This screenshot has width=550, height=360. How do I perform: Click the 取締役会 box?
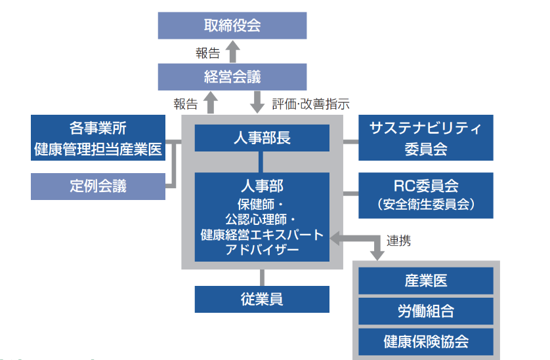[x=232, y=26]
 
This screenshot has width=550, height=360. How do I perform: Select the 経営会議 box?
[x=232, y=77]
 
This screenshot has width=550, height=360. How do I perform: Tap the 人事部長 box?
[x=262, y=138]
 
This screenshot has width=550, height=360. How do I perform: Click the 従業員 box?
[x=262, y=299]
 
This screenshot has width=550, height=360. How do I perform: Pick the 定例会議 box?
[x=98, y=186]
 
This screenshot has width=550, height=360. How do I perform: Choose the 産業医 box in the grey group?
[x=426, y=281]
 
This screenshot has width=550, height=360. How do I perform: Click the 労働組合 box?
[x=426, y=311]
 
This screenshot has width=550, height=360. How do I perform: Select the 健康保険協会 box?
[x=426, y=341]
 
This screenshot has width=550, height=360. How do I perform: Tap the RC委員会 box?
[x=426, y=195]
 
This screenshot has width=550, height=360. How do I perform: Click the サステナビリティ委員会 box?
[x=426, y=138]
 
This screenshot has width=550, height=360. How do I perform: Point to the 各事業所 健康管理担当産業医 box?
[x=98, y=138]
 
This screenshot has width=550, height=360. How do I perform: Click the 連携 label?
[x=398, y=241]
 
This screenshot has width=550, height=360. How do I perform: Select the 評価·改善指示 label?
[x=310, y=104]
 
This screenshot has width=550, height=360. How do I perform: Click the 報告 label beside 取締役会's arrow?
[x=207, y=52]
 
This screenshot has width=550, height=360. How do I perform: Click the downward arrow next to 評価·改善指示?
[x=258, y=102]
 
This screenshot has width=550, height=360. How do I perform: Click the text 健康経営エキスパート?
[x=262, y=235]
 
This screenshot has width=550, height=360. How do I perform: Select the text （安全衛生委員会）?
[x=426, y=205]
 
